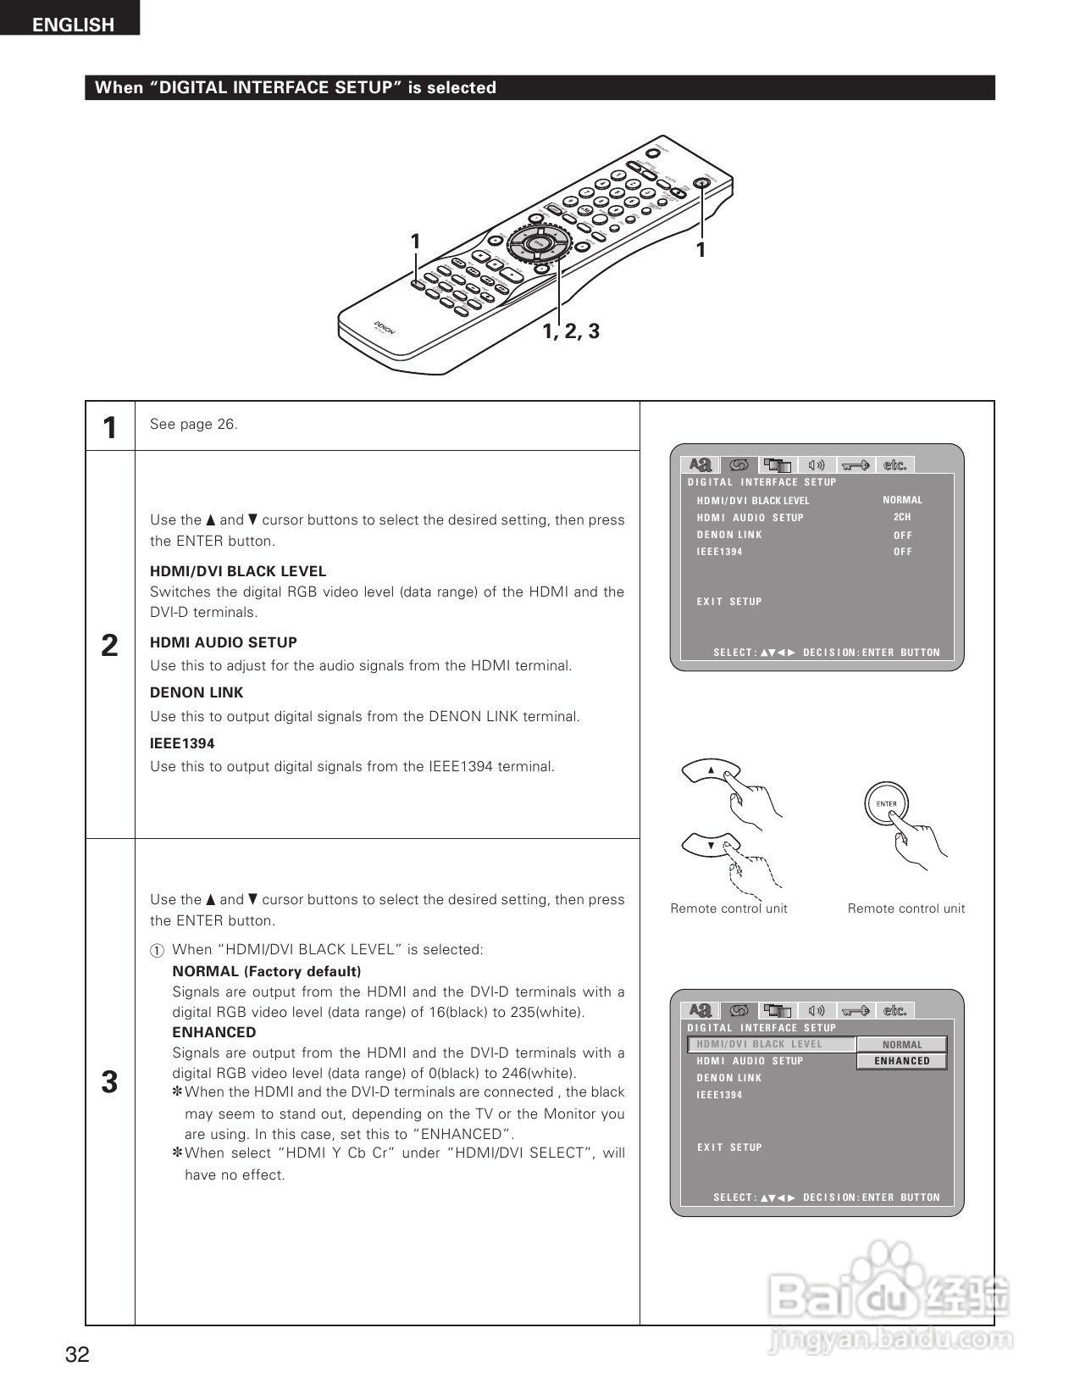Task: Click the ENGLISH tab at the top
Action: [x=73, y=25]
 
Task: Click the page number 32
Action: [x=77, y=1354]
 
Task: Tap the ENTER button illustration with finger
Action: [x=886, y=803]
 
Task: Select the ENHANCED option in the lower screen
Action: [x=901, y=1061]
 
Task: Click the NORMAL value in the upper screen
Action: [x=902, y=500]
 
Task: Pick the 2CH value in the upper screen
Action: [x=902, y=517]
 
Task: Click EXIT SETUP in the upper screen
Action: [x=729, y=602]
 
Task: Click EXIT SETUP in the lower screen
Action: [x=729, y=1147]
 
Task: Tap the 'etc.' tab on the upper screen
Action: [x=894, y=465]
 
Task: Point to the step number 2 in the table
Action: [x=109, y=646]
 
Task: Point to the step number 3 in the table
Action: [x=109, y=1082]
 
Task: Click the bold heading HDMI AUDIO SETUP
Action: [x=224, y=642]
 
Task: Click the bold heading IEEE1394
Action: [x=182, y=743]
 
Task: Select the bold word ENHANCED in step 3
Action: [x=213, y=1032]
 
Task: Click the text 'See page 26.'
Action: [x=194, y=425]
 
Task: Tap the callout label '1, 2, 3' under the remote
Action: [x=571, y=331]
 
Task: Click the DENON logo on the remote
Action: [x=385, y=329]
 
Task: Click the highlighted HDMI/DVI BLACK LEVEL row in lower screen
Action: [x=772, y=1044]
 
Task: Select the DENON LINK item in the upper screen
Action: [x=729, y=535]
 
